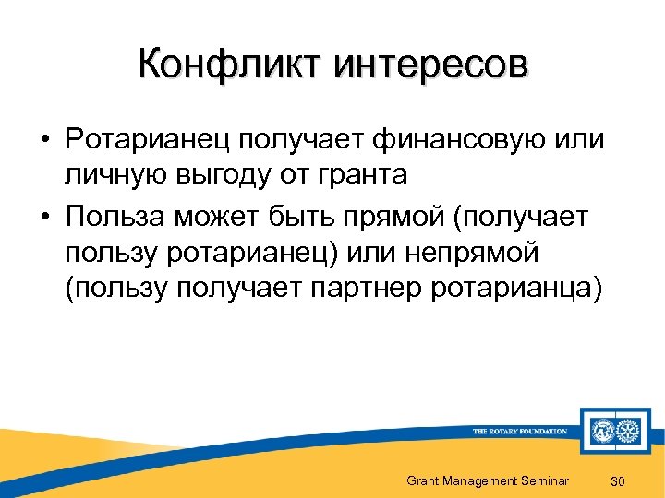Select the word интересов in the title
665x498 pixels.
(430, 65)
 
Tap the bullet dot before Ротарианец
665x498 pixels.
(44, 141)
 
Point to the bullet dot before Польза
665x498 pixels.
(44, 219)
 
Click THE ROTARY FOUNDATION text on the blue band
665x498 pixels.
(519, 431)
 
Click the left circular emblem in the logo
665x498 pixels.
(602, 430)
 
